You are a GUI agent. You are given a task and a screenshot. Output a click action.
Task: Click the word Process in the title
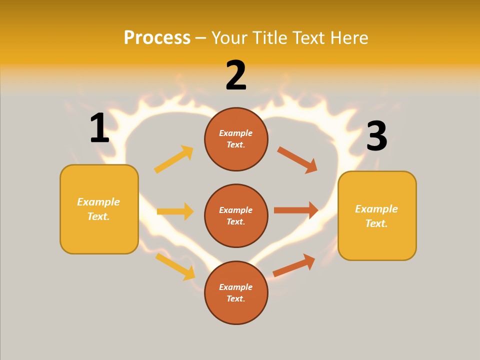157,37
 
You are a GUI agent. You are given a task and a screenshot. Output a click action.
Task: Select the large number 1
99,128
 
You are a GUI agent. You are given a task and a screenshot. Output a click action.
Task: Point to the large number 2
236,75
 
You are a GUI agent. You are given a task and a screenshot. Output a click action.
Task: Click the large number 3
376,136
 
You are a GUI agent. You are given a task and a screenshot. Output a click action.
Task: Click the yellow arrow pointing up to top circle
174,159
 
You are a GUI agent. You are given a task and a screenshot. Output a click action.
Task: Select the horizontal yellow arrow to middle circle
175,211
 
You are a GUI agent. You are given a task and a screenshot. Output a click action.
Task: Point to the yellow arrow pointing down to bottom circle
175,266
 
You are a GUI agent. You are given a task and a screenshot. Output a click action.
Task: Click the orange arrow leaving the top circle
297,160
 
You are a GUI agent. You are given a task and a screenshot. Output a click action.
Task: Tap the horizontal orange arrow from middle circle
296,210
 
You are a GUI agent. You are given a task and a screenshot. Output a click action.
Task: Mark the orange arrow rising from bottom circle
294,265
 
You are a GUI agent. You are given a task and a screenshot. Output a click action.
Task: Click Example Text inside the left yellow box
98,209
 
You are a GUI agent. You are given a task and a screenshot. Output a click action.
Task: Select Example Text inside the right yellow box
376,216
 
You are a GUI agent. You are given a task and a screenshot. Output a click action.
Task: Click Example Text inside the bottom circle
236,292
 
